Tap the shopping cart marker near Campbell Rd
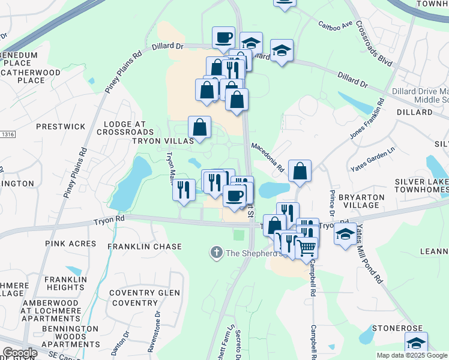coord(307,246)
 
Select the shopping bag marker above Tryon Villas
coord(199,127)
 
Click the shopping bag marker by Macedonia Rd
coord(300,171)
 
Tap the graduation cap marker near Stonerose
coord(416,343)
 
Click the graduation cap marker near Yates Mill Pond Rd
coord(345,235)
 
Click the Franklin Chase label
coord(144,247)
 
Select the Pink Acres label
coord(70,244)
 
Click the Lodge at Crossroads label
coord(125,128)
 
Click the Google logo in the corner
coord(20,353)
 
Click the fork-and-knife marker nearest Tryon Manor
coord(183,190)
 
